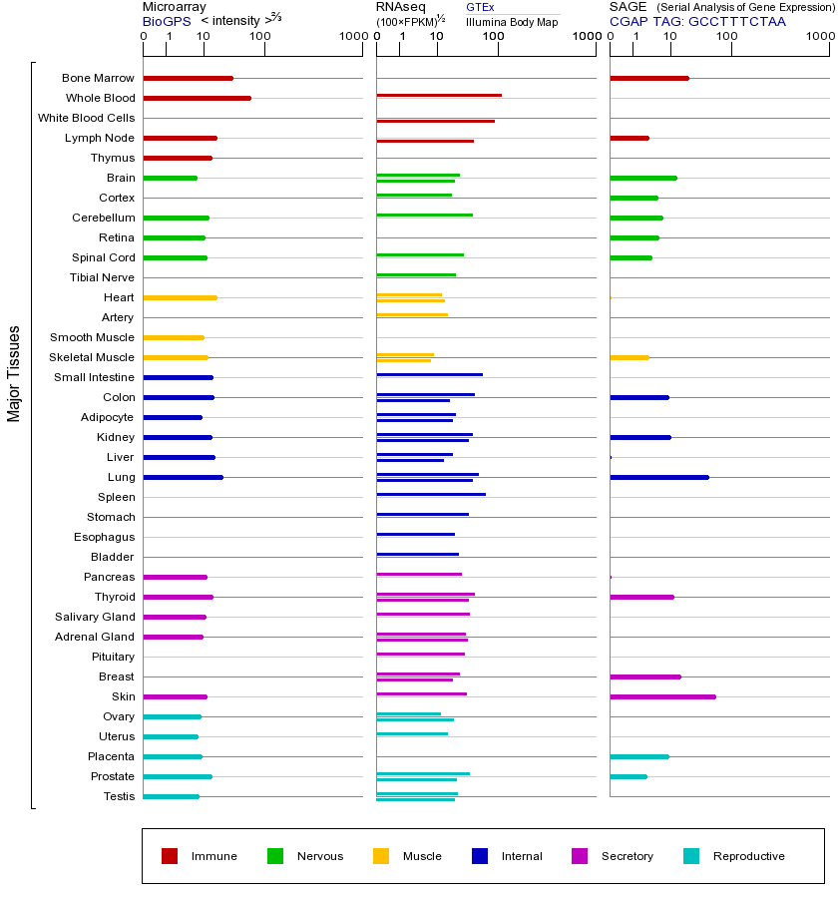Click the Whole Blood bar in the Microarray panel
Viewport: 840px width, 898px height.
[x=197, y=98]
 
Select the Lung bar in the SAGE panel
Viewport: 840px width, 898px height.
[x=658, y=477]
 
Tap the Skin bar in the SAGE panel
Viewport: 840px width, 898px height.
[x=662, y=696]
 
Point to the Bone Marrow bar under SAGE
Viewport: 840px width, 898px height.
[x=648, y=78]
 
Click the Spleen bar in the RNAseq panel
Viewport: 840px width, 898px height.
[x=431, y=494]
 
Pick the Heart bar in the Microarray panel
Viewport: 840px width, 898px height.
[x=180, y=297]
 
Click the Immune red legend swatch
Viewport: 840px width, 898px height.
[x=170, y=856]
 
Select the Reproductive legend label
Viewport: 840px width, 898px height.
[x=748, y=856]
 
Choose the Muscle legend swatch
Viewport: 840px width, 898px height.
[x=381, y=856]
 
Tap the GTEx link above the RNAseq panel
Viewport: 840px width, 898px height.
[x=480, y=7]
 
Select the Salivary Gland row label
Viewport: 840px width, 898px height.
[x=95, y=617]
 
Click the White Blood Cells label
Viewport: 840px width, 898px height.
[x=86, y=118]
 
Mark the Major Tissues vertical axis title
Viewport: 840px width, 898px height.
[x=14, y=373]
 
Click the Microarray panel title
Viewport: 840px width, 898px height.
[x=175, y=7]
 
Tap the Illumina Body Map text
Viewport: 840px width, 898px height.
[x=512, y=21]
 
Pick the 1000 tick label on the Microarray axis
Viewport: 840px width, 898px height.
[x=351, y=37]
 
